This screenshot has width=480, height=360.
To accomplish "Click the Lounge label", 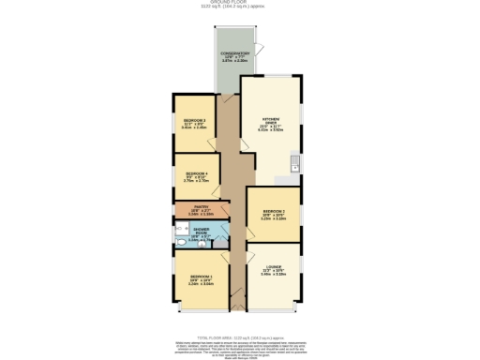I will tap(273, 271).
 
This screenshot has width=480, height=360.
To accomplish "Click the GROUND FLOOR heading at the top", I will tap(239, 4).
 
